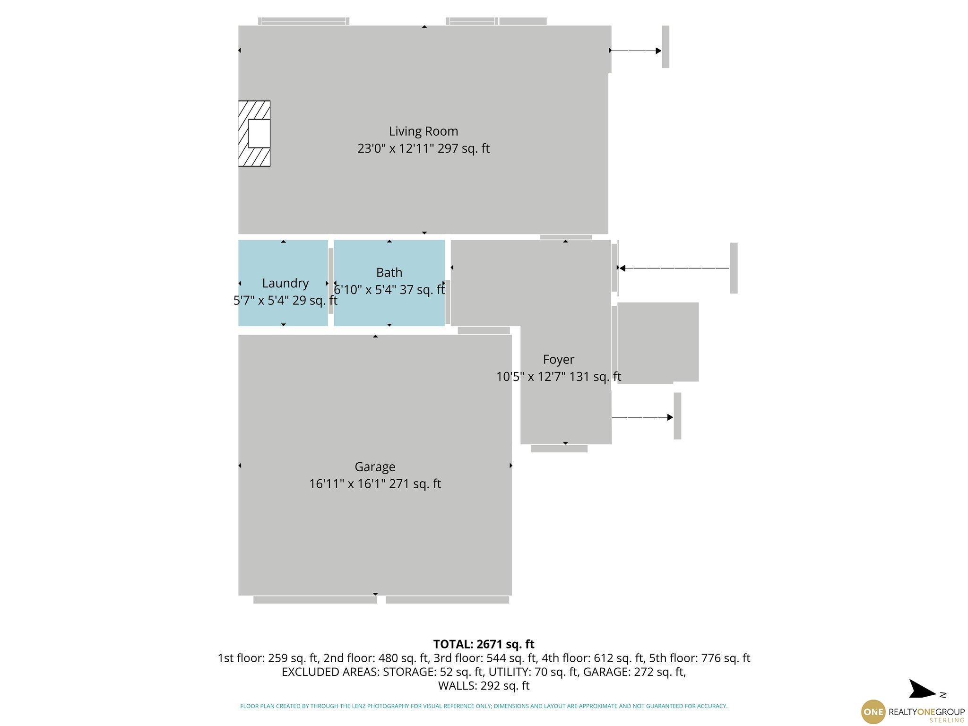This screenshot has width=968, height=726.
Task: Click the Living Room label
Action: [423, 131]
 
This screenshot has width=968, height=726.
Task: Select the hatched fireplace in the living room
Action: [254, 133]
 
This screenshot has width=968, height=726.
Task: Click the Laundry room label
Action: [285, 283]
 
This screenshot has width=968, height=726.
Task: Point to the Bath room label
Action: [389, 272]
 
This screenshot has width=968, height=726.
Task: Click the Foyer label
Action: [558, 359]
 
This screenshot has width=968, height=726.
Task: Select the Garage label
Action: [375, 467]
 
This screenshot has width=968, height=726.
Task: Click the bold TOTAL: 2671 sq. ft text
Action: [484, 644]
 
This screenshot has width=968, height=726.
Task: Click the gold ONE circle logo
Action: [873, 712]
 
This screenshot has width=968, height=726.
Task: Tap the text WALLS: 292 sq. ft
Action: [484, 685]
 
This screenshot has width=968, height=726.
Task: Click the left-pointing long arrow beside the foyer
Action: [674, 268]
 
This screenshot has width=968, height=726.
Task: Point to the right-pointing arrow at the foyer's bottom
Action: [642, 417]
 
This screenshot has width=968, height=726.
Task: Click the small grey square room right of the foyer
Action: [657, 343]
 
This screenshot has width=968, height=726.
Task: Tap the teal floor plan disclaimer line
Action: [484, 706]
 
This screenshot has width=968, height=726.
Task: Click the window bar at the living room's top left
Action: [304, 21]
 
